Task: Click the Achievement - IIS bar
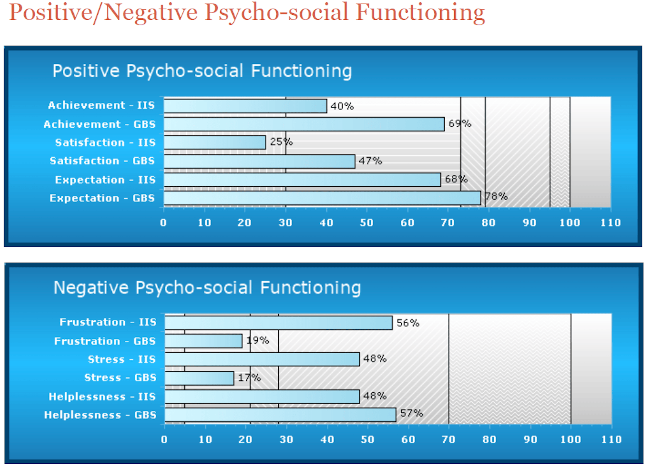[245, 106]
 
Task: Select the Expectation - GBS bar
[322, 198]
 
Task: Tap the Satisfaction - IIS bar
[215, 142]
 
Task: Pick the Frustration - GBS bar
[203, 341]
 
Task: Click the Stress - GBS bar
[199, 378]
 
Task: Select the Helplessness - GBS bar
[280, 415]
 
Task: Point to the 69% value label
[460, 124]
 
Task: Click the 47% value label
[370, 161]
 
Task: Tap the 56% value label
[408, 323]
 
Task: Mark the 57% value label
[411, 413]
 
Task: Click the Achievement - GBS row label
[99, 124]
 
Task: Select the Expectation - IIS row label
[105, 180]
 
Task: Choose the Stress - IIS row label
[122, 359]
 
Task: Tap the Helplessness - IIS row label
[102, 396]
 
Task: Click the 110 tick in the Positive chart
[611, 223]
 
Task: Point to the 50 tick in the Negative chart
[367, 440]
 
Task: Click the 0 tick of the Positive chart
[163, 223]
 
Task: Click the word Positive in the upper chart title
[86, 71]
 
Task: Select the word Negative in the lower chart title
[91, 288]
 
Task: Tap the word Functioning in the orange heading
[420, 13]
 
